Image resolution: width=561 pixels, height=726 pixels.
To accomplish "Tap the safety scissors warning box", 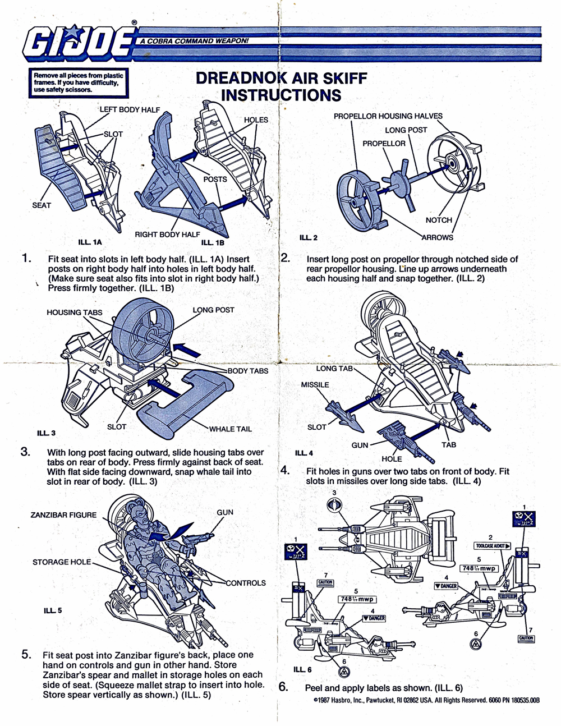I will (79, 82).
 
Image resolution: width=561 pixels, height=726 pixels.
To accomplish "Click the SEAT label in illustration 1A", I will (42, 205).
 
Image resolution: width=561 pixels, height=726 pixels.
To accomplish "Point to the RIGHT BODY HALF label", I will (167, 235).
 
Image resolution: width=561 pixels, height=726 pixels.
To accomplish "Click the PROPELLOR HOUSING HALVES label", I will (388, 116).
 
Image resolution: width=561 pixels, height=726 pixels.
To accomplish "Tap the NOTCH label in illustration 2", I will (439, 220).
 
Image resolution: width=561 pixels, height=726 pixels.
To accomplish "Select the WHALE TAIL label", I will (231, 429).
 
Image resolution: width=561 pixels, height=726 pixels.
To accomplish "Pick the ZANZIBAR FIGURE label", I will (63, 515).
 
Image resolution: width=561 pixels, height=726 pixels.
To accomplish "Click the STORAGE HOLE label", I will (61, 562).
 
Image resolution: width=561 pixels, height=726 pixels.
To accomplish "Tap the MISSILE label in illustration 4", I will (315, 385).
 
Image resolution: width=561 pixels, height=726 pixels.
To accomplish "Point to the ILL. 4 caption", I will (304, 453).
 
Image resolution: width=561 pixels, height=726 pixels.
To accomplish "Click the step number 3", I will (25, 452).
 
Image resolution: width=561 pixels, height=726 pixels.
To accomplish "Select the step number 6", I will (284, 687).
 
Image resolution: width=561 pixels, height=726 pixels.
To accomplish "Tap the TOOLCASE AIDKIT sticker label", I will (492, 546).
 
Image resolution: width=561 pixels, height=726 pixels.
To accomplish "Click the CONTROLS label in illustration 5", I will (246, 583).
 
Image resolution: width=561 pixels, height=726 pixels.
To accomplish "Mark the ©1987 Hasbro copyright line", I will (426, 701).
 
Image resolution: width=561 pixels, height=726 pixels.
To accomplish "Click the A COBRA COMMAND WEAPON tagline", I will (194, 41).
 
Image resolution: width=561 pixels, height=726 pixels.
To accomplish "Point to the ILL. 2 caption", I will (309, 237).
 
